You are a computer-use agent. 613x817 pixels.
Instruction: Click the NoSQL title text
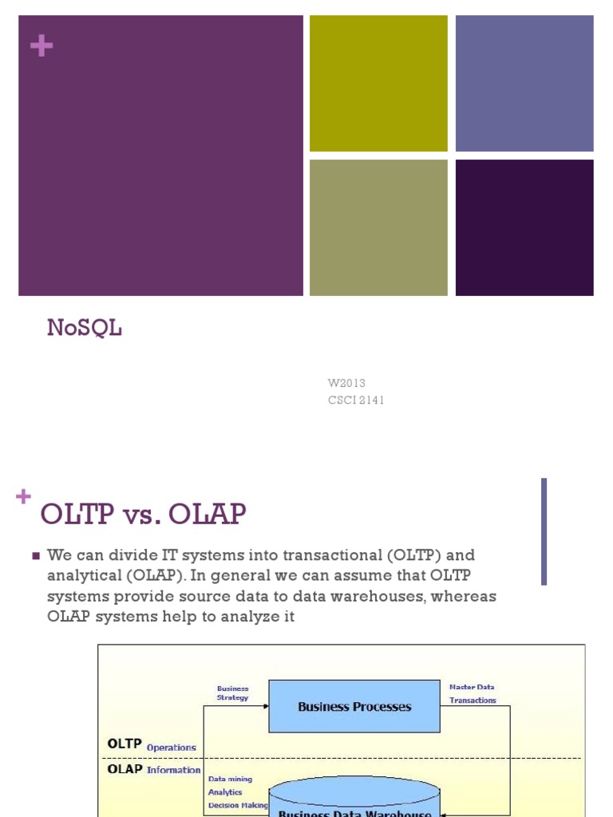coord(84,327)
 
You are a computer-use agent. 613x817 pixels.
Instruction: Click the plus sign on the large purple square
coord(41,46)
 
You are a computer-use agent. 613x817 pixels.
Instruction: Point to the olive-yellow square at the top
coord(378,83)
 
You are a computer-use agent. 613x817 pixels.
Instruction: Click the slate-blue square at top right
coord(524,83)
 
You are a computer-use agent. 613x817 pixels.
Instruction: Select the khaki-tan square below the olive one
coord(378,227)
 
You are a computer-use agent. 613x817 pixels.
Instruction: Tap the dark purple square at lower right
coord(524,227)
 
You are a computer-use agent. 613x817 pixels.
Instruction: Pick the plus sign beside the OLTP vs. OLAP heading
coord(23,496)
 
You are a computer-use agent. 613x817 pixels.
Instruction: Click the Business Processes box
coord(354,706)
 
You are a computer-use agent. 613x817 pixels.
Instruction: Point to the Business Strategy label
coord(232,693)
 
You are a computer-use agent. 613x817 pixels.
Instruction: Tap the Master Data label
coord(472,687)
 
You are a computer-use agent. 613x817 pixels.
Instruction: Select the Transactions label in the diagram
coord(473,701)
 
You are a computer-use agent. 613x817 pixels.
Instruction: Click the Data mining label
coord(230,779)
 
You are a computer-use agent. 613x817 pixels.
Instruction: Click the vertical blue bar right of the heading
coord(544,531)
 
